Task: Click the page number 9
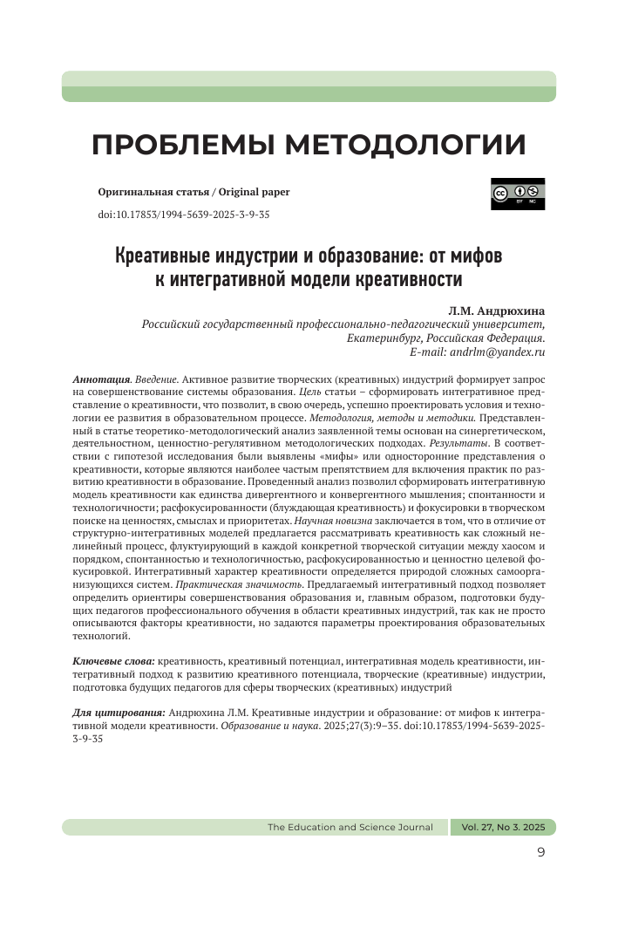point(541,852)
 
